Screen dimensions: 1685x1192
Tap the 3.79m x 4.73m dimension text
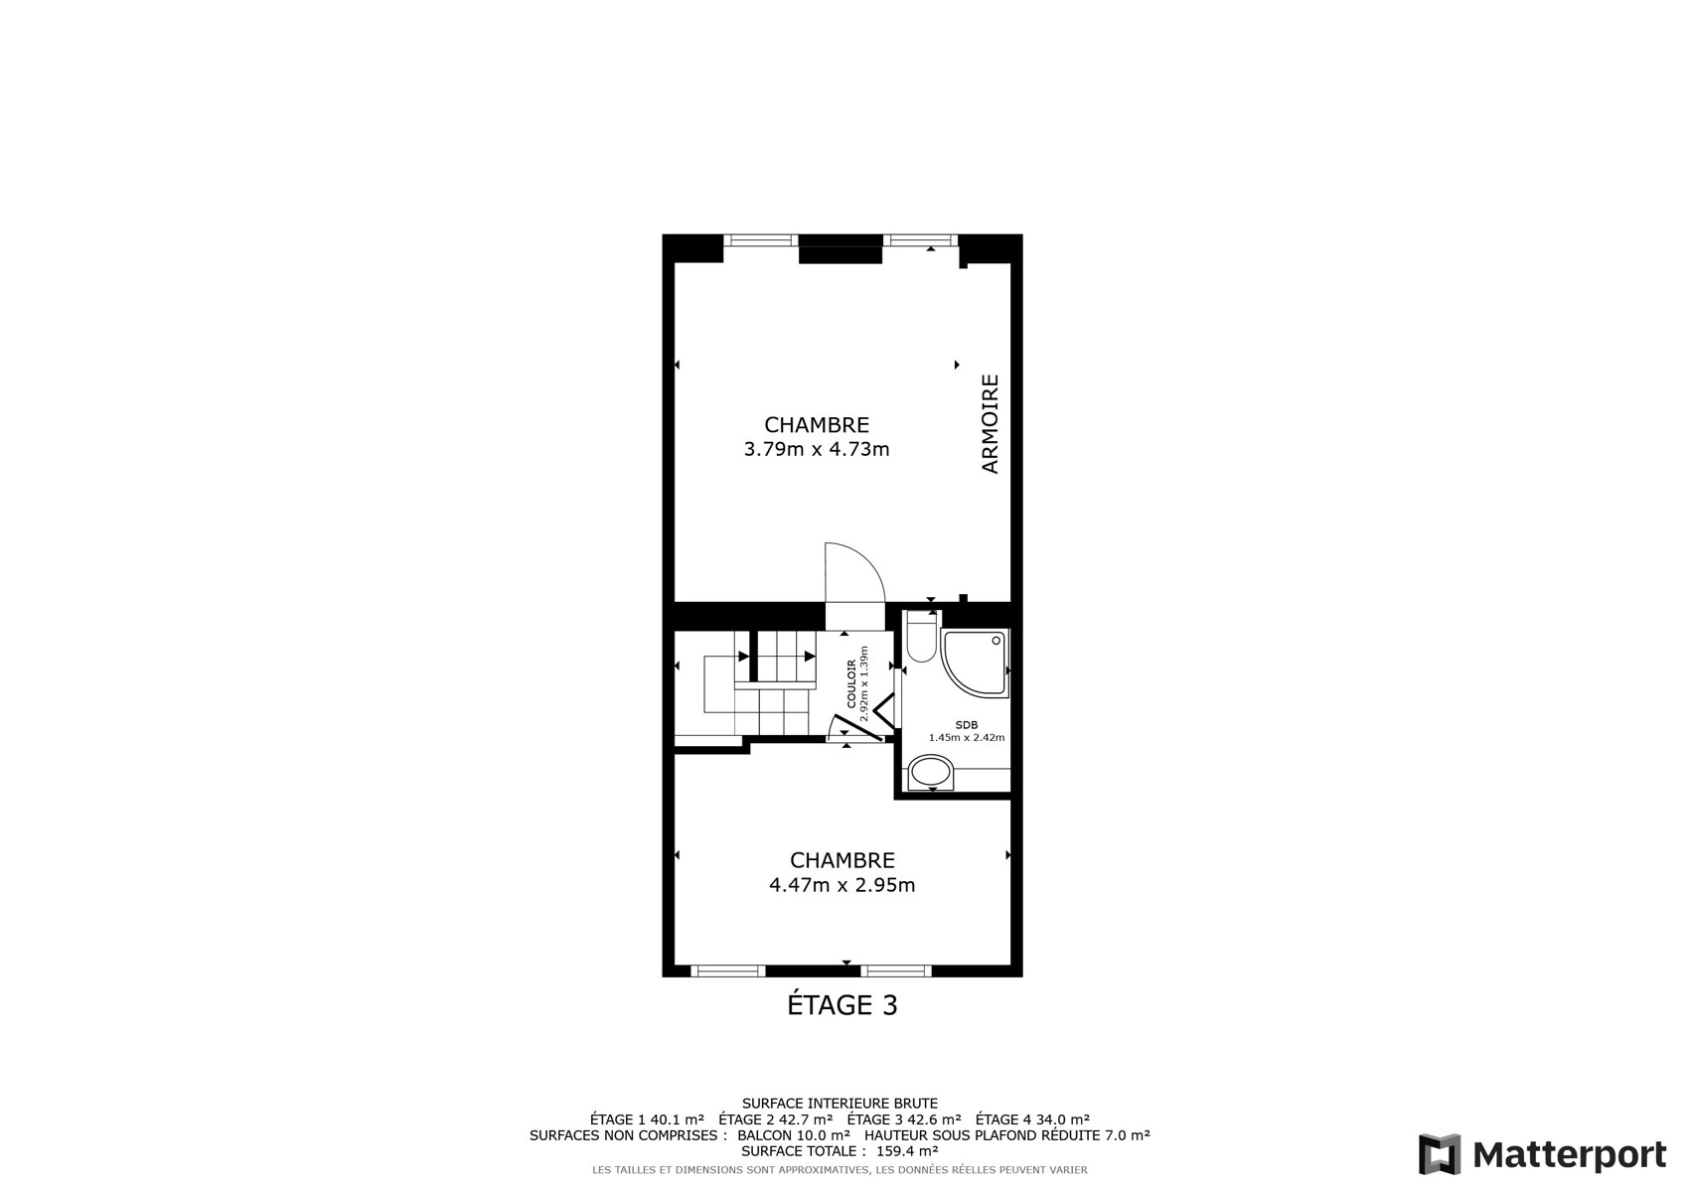pyautogui.click(x=817, y=449)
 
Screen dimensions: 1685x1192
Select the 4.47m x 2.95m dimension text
pyautogui.click(x=842, y=885)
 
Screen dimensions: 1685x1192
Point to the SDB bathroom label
pyautogui.click(x=967, y=725)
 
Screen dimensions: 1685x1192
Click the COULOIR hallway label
pyautogui.click(x=851, y=683)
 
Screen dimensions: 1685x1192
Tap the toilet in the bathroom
pyautogui.click(x=922, y=637)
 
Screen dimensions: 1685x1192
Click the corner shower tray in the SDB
pyautogui.click(x=976, y=664)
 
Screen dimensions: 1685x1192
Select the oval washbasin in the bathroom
pyautogui.click(x=931, y=773)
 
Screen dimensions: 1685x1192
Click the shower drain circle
pyautogui.click(x=996, y=641)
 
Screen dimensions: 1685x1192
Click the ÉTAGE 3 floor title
pyautogui.click(x=842, y=1005)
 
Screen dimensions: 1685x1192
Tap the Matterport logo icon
pyautogui.click(x=1440, y=1154)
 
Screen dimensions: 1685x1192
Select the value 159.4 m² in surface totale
pyautogui.click(x=907, y=1151)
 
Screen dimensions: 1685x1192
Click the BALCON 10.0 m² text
pyautogui.click(x=794, y=1135)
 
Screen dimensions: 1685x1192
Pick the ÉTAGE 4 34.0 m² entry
pyautogui.click(x=1033, y=1119)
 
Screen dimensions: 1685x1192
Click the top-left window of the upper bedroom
pyautogui.click(x=760, y=240)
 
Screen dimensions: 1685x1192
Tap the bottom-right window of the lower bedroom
pyautogui.click(x=896, y=970)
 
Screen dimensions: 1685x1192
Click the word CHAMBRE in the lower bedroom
pyautogui.click(x=842, y=860)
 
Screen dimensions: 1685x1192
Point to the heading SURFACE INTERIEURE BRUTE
pyautogui.click(x=841, y=1104)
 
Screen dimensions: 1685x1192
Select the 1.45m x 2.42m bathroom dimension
pyautogui.click(x=967, y=738)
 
